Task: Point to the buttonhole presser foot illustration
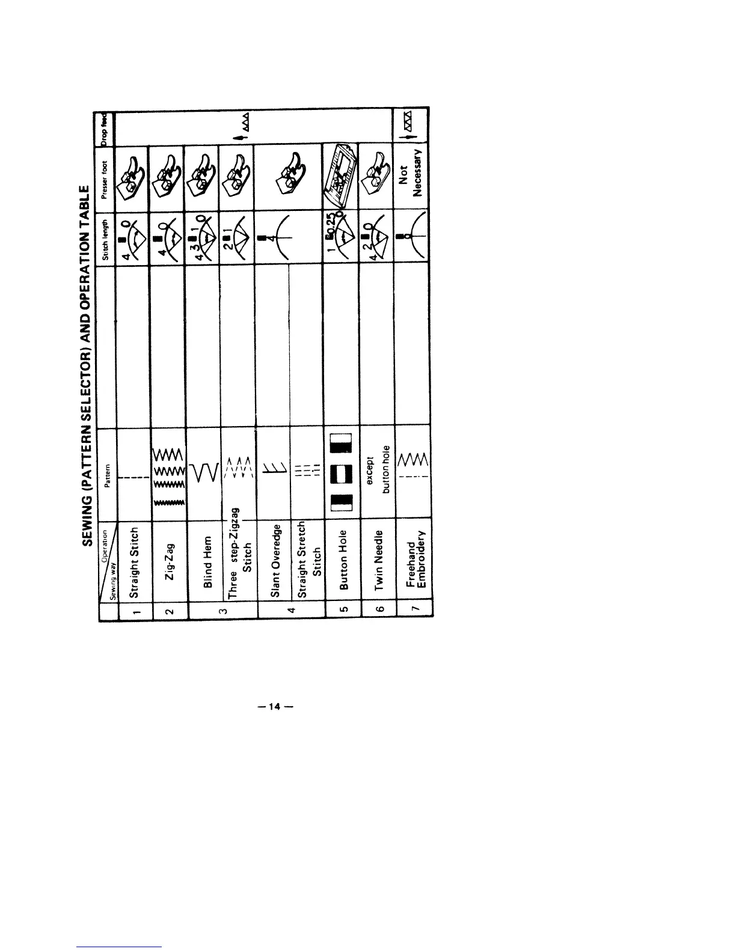tap(340, 174)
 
